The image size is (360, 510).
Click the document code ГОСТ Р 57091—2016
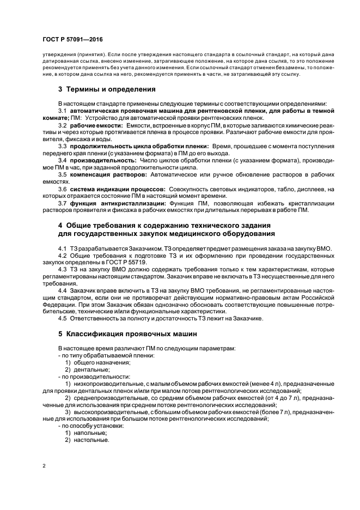pos(72,39)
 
